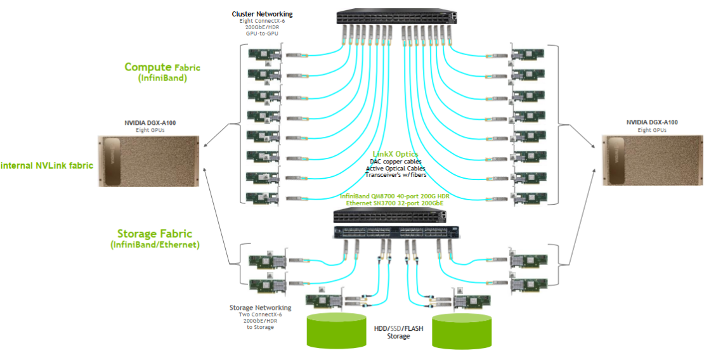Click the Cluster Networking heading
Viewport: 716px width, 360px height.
click(x=262, y=14)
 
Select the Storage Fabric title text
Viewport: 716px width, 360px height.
click(x=155, y=234)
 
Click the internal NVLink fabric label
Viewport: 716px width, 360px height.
click(x=47, y=166)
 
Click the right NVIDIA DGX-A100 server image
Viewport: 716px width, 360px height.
click(x=651, y=161)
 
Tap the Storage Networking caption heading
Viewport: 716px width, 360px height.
click(x=260, y=308)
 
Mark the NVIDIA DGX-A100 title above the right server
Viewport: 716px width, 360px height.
click(x=652, y=122)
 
